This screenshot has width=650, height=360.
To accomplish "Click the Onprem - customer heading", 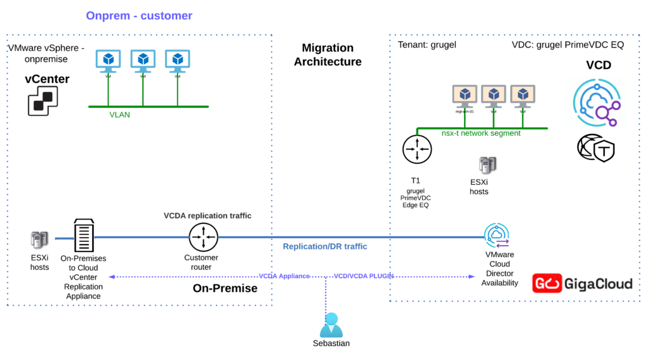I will (x=138, y=16).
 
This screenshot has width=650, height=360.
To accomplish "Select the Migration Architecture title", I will (x=328, y=55).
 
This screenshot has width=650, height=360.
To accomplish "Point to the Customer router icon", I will (x=203, y=238).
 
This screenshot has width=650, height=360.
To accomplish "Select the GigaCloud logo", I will (x=582, y=283).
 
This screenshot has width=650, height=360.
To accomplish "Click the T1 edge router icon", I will (x=416, y=149).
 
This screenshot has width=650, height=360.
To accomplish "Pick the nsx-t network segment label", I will (x=481, y=133).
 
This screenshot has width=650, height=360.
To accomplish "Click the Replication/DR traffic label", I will (x=325, y=246).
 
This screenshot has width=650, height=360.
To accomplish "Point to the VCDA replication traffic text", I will (x=208, y=216).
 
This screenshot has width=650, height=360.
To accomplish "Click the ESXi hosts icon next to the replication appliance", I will (x=39, y=240).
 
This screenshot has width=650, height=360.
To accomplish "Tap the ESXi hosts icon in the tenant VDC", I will (x=487, y=166).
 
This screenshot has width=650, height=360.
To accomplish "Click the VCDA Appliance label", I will (x=284, y=276).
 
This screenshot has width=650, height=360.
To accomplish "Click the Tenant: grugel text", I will (x=427, y=45).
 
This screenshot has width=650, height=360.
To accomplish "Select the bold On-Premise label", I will (x=225, y=289).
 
